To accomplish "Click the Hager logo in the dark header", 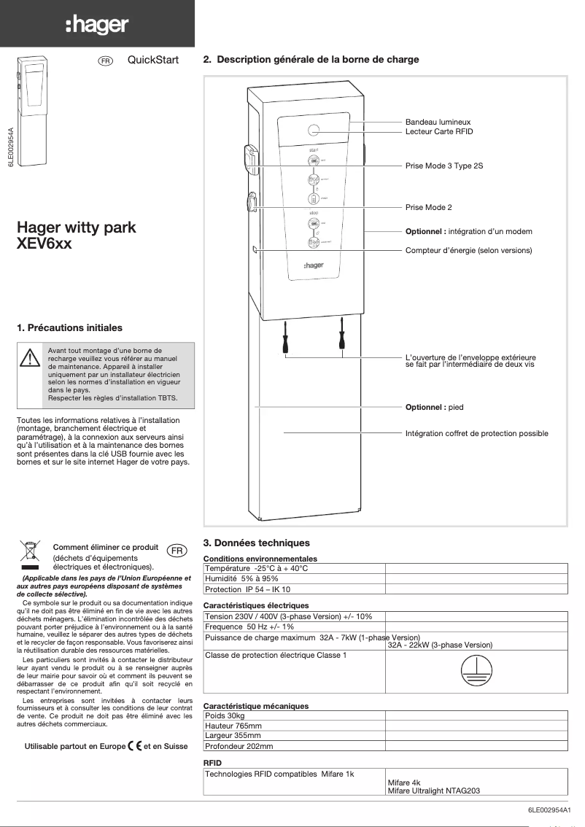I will (97, 26).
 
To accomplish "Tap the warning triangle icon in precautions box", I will (29, 359).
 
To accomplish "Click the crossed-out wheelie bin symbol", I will (30, 553).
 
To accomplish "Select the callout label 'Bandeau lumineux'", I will (438, 122).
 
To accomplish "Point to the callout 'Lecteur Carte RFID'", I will (439, 131).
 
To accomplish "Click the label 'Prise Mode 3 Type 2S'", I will (443, 166).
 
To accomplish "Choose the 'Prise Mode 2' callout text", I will (428, 208).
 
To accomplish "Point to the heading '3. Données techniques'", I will (256, 543).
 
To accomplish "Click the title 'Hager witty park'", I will (76, 228).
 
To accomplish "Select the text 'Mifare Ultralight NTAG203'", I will (433, 791).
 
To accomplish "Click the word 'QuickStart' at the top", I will (152, 60).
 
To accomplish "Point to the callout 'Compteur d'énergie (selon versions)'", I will (468, 250).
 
